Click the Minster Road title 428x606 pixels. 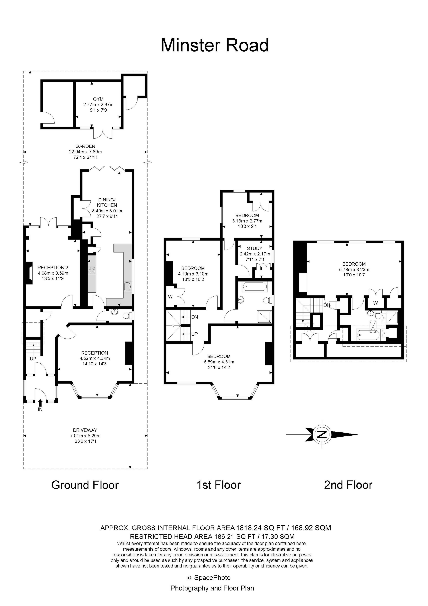click(215, 45)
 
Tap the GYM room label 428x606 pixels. click(98, 99)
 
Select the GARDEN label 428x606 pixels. click(85, 146)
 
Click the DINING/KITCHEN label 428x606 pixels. click(107, 202)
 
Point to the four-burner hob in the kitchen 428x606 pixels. click(92, 270)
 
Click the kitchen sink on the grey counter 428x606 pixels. click(127, 286)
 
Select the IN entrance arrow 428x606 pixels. click(40, 403)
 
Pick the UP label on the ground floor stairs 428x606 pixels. click(33, 359)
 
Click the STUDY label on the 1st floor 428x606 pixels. click(255, 248)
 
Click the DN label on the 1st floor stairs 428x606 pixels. click(195, 317)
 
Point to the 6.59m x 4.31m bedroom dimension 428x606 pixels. click(219, 362)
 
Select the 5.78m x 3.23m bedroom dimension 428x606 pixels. click(354, 270)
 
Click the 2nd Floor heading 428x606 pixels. click(348, 485)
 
